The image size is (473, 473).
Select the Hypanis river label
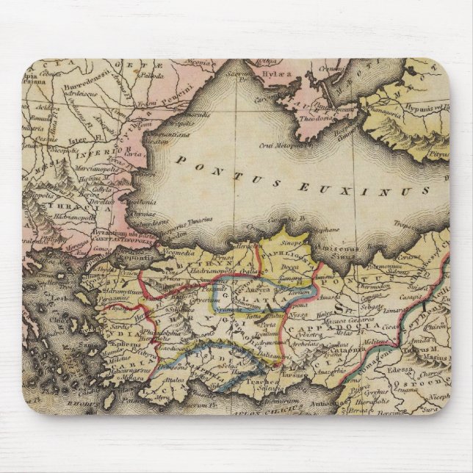[x=429, y=106]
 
